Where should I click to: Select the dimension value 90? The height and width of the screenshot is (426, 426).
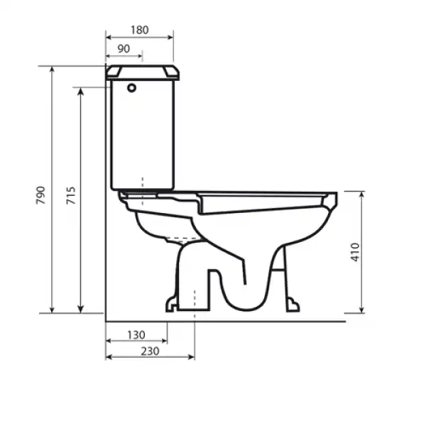coord(123,48)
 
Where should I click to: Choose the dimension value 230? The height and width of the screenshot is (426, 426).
coord(149,350)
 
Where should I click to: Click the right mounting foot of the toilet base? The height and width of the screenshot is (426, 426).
coord(292,305)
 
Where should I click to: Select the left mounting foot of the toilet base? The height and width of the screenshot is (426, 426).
coord(172,305)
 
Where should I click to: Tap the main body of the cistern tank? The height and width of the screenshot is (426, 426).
coord(142,135)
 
